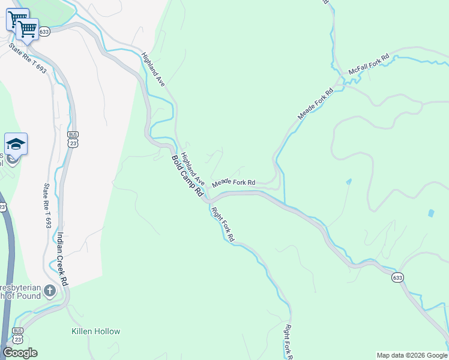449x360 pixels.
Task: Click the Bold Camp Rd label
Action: [188, 176]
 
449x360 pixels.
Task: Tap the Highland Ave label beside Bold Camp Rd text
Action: [194, 170]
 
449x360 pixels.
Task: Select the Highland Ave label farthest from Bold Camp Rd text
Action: [153, 70]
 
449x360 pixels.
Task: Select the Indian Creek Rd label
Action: [62, 257]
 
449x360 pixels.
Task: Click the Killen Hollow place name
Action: [95, 331]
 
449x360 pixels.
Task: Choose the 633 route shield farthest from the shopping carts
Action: [397, 278]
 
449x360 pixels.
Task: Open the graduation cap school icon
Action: [16, 143]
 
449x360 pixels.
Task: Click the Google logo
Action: [20, 353]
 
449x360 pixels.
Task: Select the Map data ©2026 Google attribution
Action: [411, 355]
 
